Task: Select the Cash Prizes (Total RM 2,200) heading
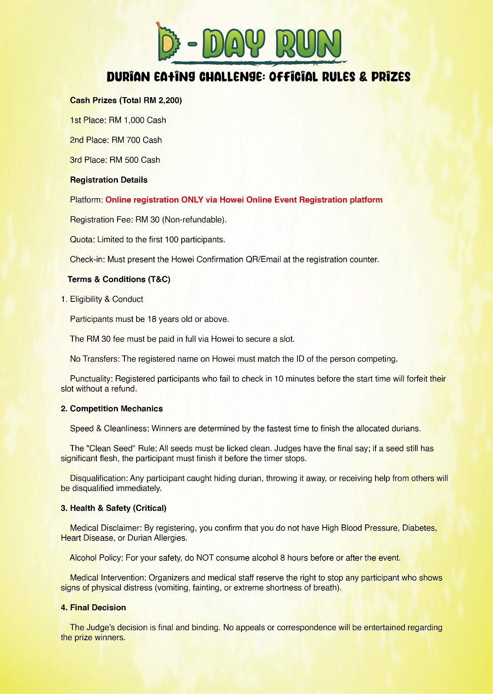[126, 101]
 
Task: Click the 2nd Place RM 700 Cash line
[116, 140]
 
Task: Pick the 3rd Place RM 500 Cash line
[115, 160]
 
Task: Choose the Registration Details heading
[108, 180]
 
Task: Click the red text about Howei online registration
[244, 200]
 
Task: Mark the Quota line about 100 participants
[147, 240]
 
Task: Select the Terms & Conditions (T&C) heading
[119, 279]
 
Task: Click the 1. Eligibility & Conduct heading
[102, 299]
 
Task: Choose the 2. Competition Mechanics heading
[111, 409]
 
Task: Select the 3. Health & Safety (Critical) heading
[114, 508]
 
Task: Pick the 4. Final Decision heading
[93, 608]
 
